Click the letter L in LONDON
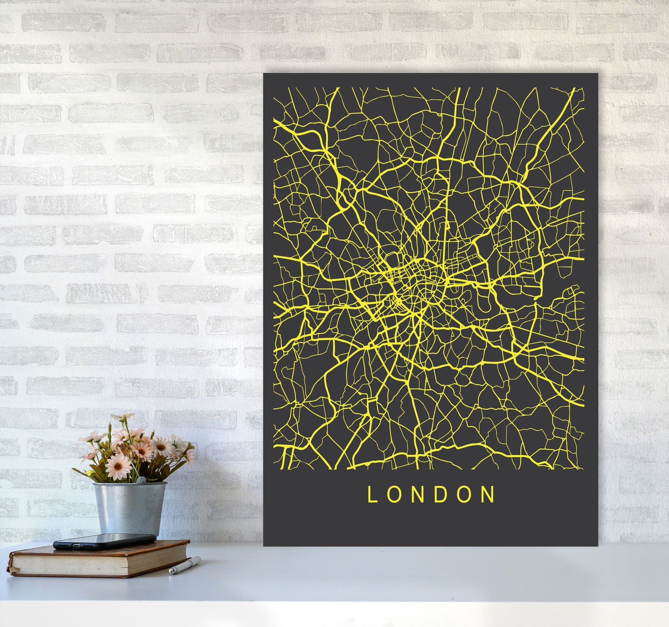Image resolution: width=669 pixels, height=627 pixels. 372,495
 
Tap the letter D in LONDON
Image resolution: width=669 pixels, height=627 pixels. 442,495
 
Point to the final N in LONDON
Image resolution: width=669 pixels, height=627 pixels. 488,495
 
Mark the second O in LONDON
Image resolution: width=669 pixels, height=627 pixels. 465,495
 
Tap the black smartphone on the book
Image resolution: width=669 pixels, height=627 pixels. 105,541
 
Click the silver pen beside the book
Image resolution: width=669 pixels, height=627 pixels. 185,565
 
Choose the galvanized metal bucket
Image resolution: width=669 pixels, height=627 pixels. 130,508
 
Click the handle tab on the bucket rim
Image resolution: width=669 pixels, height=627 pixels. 140,480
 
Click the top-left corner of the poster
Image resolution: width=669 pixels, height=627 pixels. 264,74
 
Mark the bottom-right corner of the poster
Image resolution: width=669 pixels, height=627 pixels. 597,545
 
